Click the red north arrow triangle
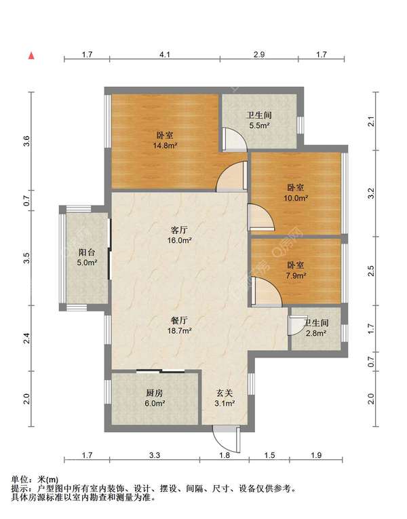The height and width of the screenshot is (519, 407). tap(31, 56)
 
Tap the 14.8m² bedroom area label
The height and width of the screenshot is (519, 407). tap(165, 140)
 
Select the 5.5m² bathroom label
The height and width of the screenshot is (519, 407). tap(258, 120)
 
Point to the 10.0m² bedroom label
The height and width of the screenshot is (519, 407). tap(296, 193)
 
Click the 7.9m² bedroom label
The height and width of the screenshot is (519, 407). tap(296, 270)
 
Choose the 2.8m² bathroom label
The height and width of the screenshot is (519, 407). tap(316, 328)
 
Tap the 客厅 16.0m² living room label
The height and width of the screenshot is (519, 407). tap(179, 235)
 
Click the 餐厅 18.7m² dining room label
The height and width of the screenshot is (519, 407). tap(179, 326)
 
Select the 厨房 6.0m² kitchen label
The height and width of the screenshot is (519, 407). tap(155, 398)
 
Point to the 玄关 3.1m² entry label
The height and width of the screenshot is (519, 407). tap(225, 398)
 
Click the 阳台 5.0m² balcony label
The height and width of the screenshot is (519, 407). tap(87, 257)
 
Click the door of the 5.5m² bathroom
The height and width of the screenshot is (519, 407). tap(235, 139)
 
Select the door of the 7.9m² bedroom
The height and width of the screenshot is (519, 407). tap(267, 291)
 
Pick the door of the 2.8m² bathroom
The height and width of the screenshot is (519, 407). tap(296, 326)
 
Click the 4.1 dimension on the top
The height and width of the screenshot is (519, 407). tap(165, 54)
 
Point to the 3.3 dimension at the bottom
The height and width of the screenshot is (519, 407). tap(154, 455)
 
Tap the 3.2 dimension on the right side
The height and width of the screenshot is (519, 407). tap(371, 193)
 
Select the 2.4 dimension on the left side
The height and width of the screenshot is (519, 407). tap(27, 338)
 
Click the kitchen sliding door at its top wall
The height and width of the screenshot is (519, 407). tap(161, 371)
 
